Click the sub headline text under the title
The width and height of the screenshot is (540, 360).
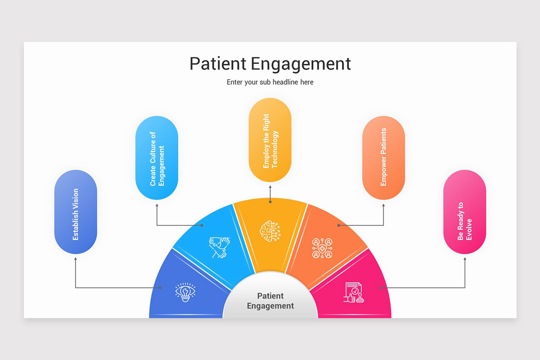[x=270, y=82]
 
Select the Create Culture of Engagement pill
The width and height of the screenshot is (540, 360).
[x=157, y=158]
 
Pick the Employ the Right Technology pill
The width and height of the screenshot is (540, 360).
[x=270, y=140]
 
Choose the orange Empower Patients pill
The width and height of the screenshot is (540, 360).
[x=383, y=157]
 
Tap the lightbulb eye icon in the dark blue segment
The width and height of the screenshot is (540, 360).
[x=185, y=292]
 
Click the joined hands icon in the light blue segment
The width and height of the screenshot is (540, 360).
[x=219, y=247]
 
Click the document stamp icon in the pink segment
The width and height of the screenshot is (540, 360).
[x=354, y=292]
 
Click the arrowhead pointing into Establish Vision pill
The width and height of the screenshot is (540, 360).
[x=76, y=259]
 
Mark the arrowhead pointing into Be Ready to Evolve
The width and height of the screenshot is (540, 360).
[x=465, y=259]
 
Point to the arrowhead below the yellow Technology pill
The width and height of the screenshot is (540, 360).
[x=270, y=186]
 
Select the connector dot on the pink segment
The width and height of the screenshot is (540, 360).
[x=380, y=288]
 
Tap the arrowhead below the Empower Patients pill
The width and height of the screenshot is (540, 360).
[x=383, y=204]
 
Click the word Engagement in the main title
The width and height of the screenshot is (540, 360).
[x=300, y=63]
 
